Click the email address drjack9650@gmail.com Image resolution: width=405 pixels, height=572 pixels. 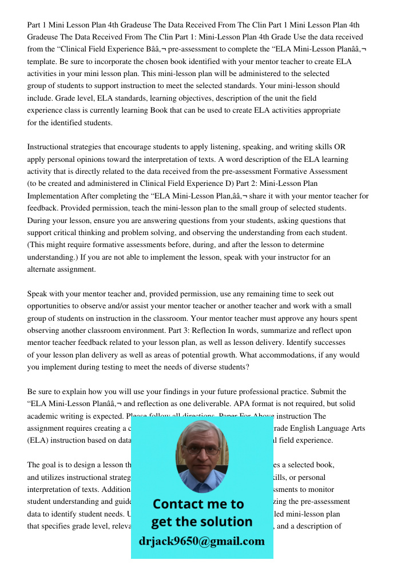[x=201, y=541]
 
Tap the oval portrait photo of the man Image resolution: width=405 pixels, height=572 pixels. [x=201, y=456]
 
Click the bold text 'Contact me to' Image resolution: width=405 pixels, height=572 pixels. [x=198, y=504]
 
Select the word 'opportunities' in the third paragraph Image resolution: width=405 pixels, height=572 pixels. [x=52, y=306]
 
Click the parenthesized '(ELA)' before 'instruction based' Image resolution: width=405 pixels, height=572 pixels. [x=37, y=440]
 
